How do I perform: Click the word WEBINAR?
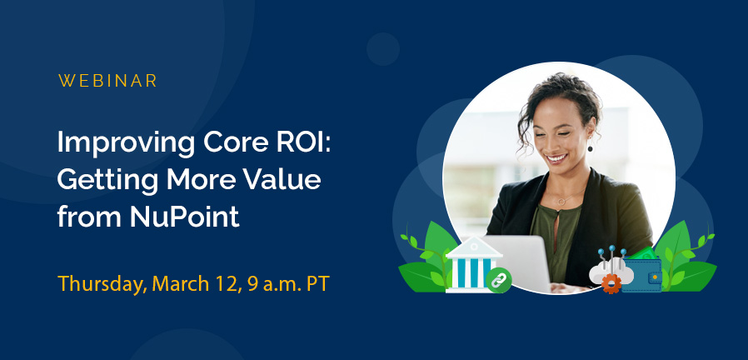point(108,82)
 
